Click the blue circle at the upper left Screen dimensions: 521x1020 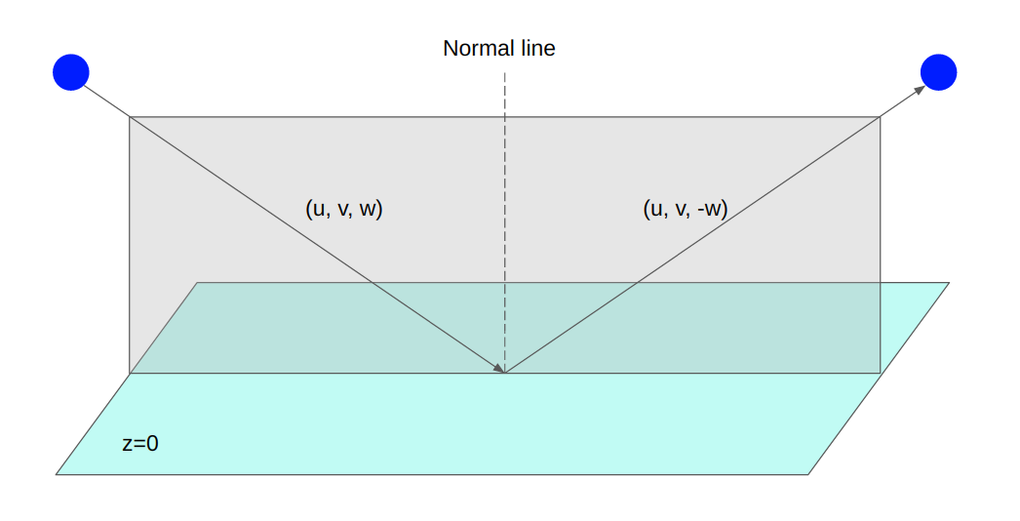[70, 71]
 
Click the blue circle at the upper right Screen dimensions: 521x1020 [938, 71]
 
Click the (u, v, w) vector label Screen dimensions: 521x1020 [344, 208]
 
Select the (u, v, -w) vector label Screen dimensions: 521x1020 [686, 208]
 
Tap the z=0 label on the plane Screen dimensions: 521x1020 [140, 443]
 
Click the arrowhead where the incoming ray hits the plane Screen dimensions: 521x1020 [499, 369]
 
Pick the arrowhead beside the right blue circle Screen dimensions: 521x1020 [920, 90]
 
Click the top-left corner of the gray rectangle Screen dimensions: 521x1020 [130, 117]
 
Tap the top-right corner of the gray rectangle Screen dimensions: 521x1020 [881, 117]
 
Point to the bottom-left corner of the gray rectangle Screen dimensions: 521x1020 [130, 373]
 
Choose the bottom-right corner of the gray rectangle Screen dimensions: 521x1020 [881, 373]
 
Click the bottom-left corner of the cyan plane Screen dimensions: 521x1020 [57, 474]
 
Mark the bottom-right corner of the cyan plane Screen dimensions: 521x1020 [808, 474]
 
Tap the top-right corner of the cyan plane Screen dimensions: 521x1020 [948, 283]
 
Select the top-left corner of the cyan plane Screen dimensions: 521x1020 [198, 283]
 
